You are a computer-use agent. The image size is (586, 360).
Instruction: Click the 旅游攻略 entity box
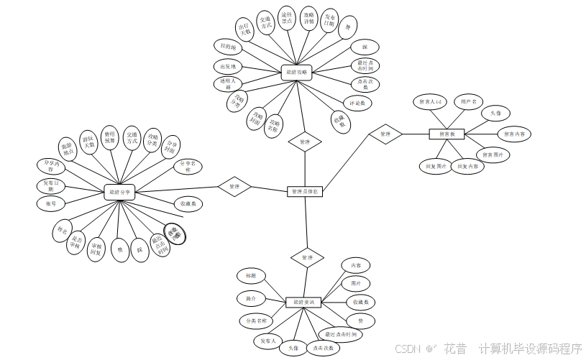[x=296, y=72]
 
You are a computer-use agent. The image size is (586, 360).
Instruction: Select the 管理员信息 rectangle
[x=306, y=192]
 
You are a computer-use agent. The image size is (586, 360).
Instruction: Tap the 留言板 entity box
[x=447, y=134]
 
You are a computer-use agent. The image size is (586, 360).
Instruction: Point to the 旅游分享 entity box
[x=120, y=192]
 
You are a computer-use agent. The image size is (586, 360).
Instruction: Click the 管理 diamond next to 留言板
[x=385, y=134]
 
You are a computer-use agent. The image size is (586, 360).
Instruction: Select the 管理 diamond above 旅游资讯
[x=307, y=257]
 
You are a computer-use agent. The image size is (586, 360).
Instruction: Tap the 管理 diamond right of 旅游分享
[x=234, y=187]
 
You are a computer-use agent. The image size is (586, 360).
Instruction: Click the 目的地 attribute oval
[x=228, y=47]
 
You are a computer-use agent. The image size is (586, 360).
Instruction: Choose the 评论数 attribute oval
[x=357, y=103]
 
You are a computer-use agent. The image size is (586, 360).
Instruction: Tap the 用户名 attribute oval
[x=468, y=102]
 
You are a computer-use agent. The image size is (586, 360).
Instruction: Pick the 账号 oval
[x=50, y=204]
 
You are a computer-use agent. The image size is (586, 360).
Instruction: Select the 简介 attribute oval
[x=249, y=297]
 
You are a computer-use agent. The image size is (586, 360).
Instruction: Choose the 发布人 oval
[x=267, y=341]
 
